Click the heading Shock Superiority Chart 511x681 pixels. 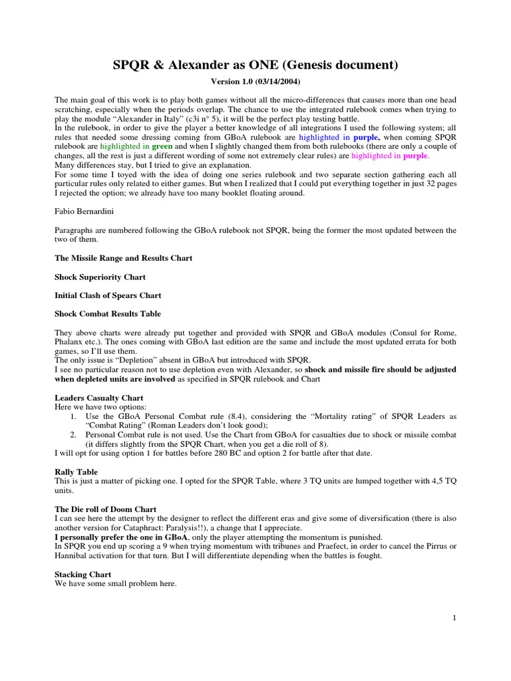point(99,276)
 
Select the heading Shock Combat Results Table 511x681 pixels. point(107,313)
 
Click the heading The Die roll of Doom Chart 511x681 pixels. point(105,509)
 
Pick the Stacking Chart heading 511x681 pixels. point(83,574)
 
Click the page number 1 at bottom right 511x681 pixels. point(454,618)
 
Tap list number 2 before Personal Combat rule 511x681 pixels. point(73,434)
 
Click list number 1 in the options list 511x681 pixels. point(73,416)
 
